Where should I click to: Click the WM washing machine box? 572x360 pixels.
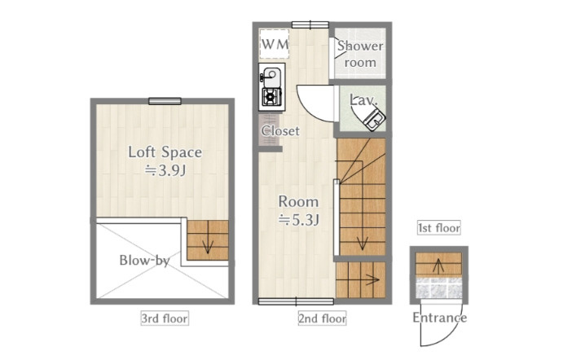pos(275,44)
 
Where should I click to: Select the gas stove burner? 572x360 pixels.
pos(271,97)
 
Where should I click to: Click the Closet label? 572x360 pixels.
pos(280,130)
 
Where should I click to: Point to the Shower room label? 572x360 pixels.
pos(360,54)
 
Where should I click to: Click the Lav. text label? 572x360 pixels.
pos(363,100)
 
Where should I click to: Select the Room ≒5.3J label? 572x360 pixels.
pos(299,210)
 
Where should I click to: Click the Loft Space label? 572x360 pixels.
pos(165,152)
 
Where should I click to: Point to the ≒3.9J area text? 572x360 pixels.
pos(165,170)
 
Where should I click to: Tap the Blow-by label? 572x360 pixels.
pos(144,261)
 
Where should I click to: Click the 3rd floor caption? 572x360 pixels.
pos(165,318)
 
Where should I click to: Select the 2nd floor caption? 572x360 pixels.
pos(322,318)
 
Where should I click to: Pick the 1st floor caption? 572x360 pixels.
pos(439,228)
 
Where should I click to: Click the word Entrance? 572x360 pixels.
pos(439,318)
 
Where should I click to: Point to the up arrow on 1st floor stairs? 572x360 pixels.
pos(438,266)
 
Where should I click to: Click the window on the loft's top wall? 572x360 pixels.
pos(165,101)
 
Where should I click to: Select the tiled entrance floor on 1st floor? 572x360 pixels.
pos(439,288)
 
